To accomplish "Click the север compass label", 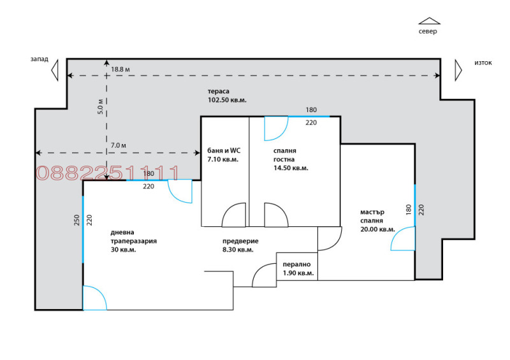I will click(x=428, y=31).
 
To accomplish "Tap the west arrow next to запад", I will click(x=55, y=69).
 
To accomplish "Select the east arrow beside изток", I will click(x=458, y=69).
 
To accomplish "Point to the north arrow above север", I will click(x=429, y=21).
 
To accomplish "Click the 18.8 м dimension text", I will click(x=120, y=69).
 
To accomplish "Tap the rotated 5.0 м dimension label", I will click(x=100, y=105).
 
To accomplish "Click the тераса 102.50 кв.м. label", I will click(x=227, y=96).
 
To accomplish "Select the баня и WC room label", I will click(x=223, y=155).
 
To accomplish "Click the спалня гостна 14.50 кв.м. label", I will click(x=290, y=159).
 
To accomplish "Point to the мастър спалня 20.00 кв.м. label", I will click(x=377, y=220).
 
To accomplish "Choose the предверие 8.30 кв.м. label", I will click(x=240, y=245).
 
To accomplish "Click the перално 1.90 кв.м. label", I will click(x=298, y=268).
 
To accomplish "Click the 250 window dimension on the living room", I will click(x=76, y=220).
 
